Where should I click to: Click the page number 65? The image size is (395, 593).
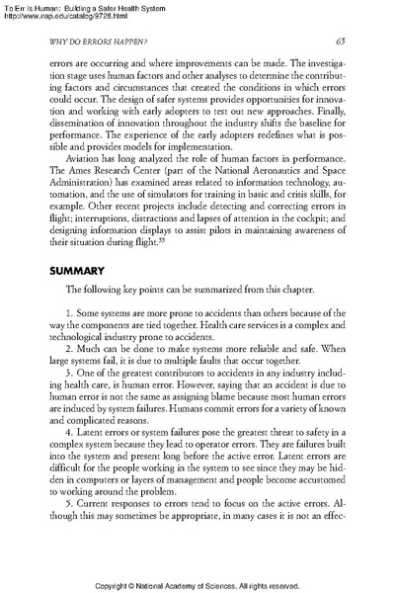click(x=339, y=41)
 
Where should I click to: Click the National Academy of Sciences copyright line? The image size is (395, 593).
click(x=197, y=586)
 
